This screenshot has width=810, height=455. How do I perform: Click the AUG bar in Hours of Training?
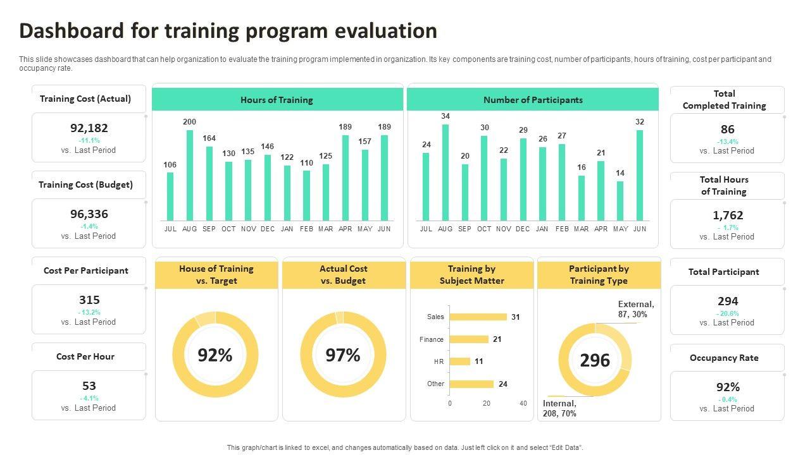click(x=189, y=175)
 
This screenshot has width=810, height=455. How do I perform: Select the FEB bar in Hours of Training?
click(x=306, y=195)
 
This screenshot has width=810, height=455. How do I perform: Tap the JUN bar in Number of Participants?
click(x=640, y=175)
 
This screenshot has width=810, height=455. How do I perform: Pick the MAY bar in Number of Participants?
click(x=620, y=200)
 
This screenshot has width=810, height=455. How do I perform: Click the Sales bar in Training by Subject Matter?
click(x=478, y=317)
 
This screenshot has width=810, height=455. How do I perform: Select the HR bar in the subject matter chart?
click(x=459, y=361)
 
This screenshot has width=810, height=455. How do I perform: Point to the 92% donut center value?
click(x=215, y=355)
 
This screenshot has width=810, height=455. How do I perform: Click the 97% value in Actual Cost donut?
click(x=343, y=355)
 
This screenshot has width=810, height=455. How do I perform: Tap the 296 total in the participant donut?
click(x=595, y=360)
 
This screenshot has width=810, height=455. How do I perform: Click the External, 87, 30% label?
click(x=636, y=309)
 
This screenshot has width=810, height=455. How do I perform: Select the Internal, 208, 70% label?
click(x=560, y=408)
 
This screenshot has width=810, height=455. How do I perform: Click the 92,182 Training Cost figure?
click(x=89, y=128)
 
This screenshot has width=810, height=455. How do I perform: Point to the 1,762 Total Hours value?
click(x=728, y=215)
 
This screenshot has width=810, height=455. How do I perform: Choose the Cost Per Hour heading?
click(x=85, y=356)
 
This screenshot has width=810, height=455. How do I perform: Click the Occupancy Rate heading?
click(x=724, y=358)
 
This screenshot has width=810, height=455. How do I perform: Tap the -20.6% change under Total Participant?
click(x=728, y=313)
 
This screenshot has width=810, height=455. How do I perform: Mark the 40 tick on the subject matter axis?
click(x=523, y=403)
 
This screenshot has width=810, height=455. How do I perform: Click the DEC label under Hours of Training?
click(x=268, y=229)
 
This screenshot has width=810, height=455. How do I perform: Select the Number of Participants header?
click(x=533, y=100)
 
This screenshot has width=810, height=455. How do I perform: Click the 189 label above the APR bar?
click(x=345, y=127)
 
